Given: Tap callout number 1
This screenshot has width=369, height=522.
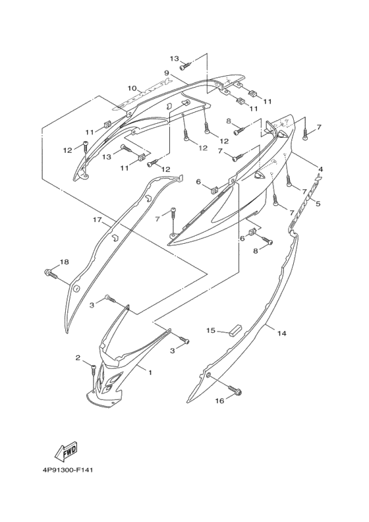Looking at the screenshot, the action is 150,372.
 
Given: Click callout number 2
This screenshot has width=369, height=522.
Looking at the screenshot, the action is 78,358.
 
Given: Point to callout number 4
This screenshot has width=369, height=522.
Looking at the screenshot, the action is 320,169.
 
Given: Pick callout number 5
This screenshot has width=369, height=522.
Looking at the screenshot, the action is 318,203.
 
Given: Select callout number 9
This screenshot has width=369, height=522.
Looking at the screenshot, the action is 167,72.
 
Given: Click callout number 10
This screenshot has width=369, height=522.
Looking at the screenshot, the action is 132,88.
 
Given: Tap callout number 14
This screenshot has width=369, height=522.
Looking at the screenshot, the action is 282,333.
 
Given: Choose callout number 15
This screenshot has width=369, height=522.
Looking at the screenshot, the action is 211,330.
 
